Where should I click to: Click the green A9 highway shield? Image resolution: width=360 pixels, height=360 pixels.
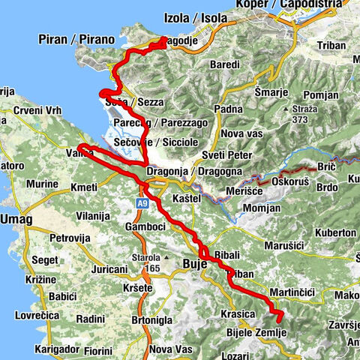click(142, 202)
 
